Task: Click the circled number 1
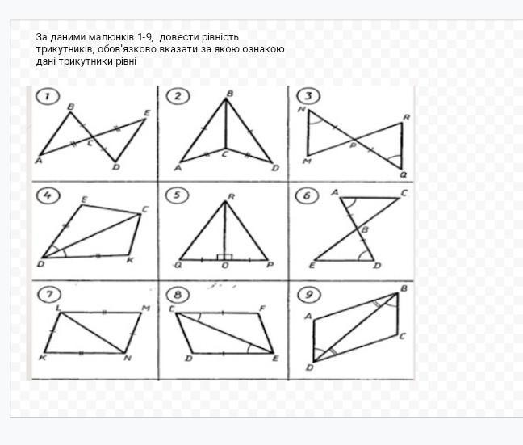click(x=48, y=96)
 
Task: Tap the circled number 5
click(x=177, y=195)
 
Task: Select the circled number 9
click(x=308, y=295)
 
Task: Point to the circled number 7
click(x=49, y=294)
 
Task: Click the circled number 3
click(x=308, y=96)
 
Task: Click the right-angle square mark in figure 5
click(x=224, y=257)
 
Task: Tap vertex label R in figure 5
click(x=231, y=197)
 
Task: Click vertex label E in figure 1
click(x=147, y=113)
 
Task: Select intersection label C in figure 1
click(x=90, y=144)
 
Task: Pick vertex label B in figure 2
click(x=230, y=94)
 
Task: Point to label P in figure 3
click(x=354, y=145)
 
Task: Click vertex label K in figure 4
click(x=131, y=260)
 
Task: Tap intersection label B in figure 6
click(x=365, y=229)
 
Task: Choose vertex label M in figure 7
click(x=146, y=309)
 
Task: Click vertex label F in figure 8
click(x=262, y=309)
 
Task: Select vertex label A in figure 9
click(x=308, y=316)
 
